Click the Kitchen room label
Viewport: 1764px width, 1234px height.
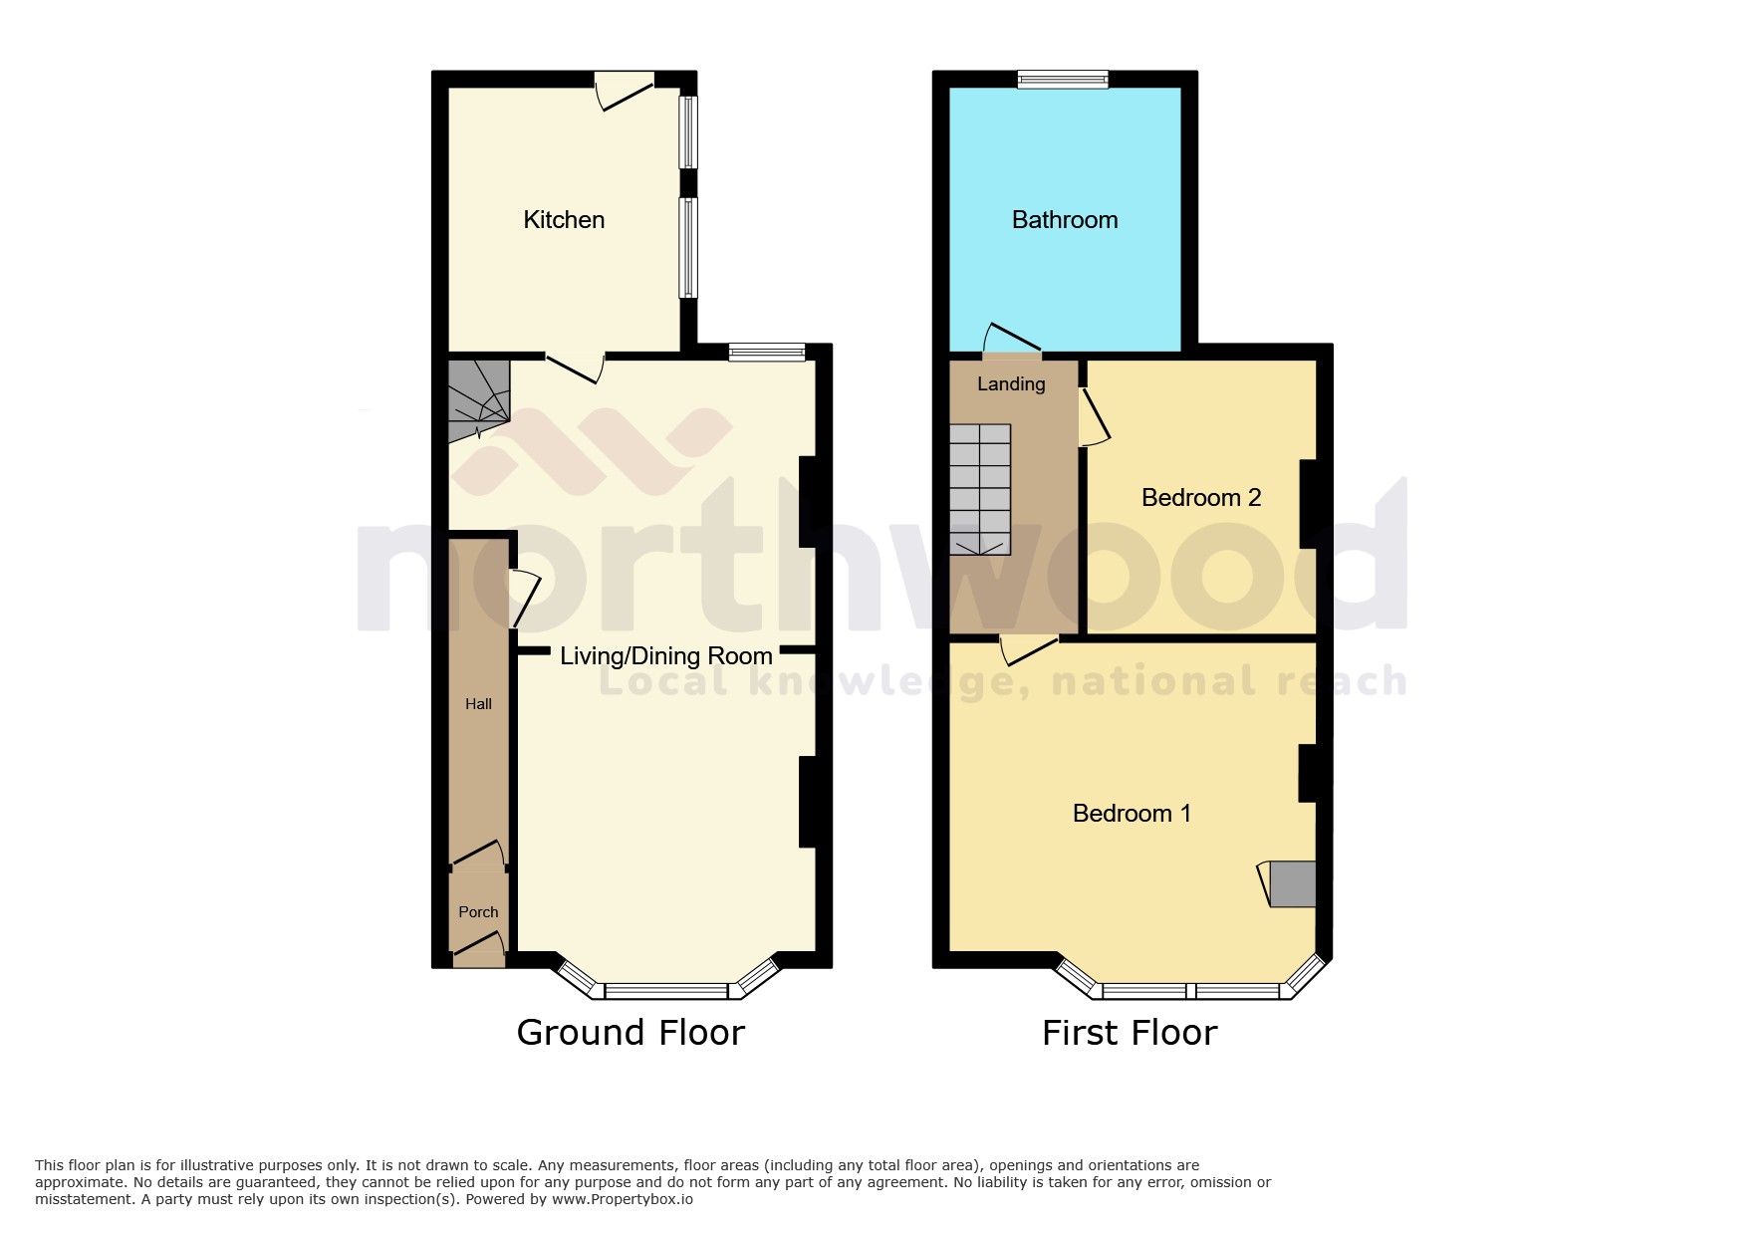tap(564, 220)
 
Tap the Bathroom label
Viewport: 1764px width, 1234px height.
tap(1064, 220)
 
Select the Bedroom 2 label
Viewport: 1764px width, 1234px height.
tap(1200, 498)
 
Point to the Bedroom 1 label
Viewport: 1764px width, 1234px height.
tap(1131, 814)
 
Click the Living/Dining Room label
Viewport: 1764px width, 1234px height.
tap(665, 656)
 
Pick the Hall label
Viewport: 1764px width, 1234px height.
tap(478, 704)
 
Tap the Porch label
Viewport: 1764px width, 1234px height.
tap(478, 912)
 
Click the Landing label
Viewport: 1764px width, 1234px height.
tap(1011, 384)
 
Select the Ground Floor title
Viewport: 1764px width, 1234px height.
tap(630, 1033)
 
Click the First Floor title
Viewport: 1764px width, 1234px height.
tap(1130, 1033)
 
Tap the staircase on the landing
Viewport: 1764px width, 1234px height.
tap(980, 489)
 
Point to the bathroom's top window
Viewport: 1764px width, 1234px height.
tap(1063, 80)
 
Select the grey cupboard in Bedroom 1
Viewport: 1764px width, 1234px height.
tap(1293, 883)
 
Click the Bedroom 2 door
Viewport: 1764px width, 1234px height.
tap(1094, 416)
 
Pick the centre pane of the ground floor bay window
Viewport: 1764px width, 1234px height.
tap(665, 991)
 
